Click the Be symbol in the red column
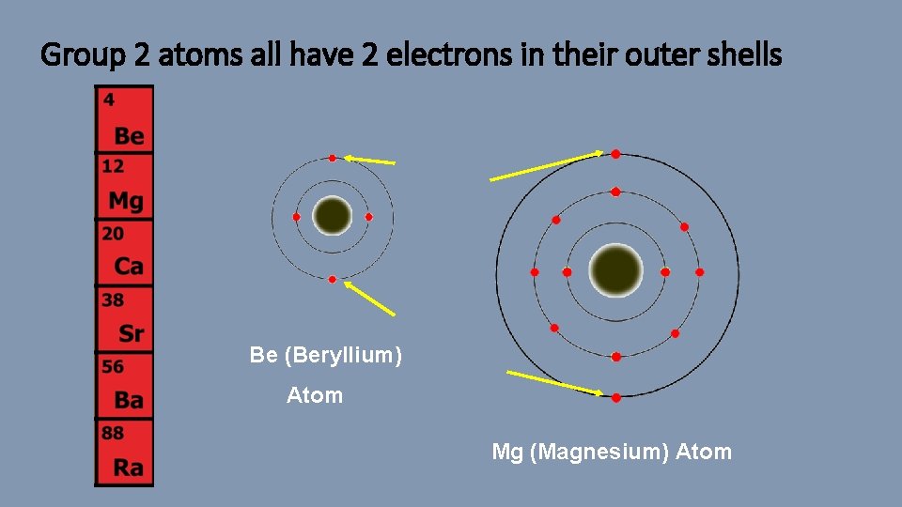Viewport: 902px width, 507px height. pos(130,136)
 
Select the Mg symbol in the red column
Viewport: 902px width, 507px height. pos(126,201)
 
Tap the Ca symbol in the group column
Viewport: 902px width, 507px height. pos(129,267)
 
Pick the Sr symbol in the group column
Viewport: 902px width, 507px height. pos(132,333)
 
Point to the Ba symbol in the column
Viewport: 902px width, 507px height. pos(129,401)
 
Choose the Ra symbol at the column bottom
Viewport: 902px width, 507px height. pos(130,467)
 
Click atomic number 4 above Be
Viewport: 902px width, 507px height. pos(109,99)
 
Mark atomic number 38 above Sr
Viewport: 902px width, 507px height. pos(113,300)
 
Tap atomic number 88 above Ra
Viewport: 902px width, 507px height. pos(113,434)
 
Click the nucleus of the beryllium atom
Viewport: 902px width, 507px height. pos(332,217)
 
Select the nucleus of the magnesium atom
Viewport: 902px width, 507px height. pos(616,271)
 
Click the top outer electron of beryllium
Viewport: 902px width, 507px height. pos(333,158)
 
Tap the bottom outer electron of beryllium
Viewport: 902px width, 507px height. pos(333,280)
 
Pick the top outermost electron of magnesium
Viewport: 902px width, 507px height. pos(615,154)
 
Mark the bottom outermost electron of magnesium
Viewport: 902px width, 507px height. pos(616,397)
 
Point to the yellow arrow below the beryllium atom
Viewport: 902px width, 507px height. pos(369,298)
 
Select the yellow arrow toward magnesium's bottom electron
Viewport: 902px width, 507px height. pos(555,382)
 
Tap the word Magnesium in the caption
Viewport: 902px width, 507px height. pos(599,452)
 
